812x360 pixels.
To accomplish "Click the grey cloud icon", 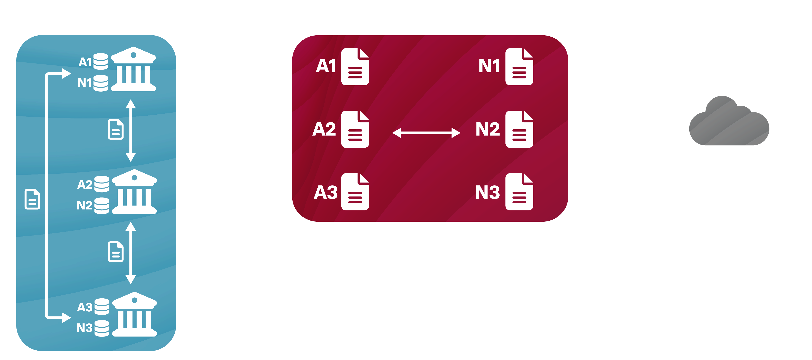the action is click(x=729, y=121).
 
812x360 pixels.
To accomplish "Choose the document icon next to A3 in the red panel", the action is click(x=355, y=192).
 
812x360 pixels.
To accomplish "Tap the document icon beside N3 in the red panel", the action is click(x=519, y=192).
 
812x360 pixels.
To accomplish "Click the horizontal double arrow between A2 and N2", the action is click(x=426, y=133).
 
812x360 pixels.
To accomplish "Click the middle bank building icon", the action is click(x=135, y=192).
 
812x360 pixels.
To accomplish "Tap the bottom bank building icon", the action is click(x=135, y=314).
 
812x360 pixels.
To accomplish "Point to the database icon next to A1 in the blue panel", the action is click(x=101, y=61).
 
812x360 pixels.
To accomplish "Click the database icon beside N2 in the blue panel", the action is click(x=102, y=206).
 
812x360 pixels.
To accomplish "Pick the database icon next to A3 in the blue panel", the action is click(x=102, y=306).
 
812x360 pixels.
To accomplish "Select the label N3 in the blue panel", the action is click(x=85, y=328).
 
